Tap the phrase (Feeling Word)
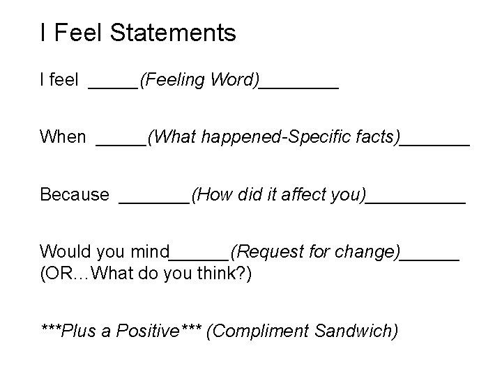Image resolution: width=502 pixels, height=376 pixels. point(199,81)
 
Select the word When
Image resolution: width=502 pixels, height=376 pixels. point(63,137)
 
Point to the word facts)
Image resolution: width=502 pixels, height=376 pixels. point(377,137)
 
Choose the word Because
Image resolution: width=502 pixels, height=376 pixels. point(75,194)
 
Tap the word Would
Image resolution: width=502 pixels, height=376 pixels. point(62,251)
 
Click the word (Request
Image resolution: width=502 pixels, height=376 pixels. point(261,251)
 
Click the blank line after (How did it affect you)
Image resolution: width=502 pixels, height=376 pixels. point(416,201)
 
